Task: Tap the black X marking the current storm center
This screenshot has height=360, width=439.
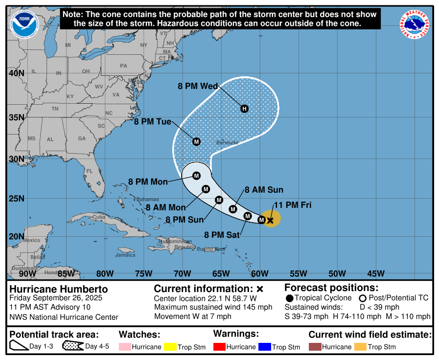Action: [270, 221]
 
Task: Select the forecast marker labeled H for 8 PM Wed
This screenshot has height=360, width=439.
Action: [244, 109]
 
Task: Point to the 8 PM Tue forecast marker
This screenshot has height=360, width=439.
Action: [196, 142]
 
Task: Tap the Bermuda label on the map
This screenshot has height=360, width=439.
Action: [227, 143]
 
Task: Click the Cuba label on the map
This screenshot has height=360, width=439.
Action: [99, 217]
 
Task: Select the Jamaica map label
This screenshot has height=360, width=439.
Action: [125, 255]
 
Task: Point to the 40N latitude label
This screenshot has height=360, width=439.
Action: [16, 73]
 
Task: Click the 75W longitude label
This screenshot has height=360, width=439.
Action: [143, 273]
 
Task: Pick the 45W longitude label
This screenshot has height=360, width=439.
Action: [375, 273]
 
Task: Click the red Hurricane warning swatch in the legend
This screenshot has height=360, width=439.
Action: [220, 347]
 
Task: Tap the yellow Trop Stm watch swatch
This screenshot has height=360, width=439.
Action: [170, 347]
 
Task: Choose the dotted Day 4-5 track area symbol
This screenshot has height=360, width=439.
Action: [73, 346]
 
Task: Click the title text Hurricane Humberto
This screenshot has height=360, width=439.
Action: [59, 289]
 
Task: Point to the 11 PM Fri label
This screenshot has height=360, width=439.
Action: [293, 205]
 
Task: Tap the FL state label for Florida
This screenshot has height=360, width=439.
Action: [90, 171]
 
